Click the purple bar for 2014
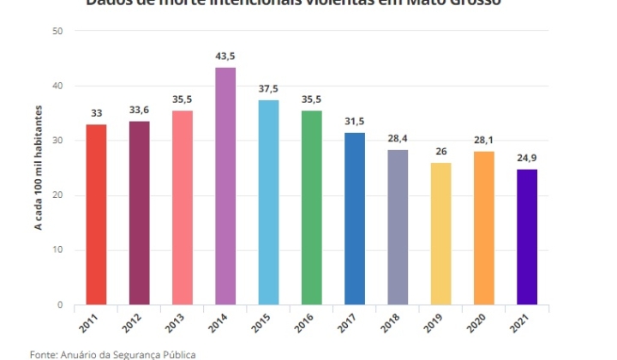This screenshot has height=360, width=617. click(x=225, y=186)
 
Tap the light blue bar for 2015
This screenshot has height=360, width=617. click(x=268, y=202)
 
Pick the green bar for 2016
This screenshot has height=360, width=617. click(x=311, y=207)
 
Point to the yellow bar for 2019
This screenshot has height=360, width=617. click(x=440, y=234)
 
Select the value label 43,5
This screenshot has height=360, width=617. click(x=225, y=56)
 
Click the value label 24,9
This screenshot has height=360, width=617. click(x=526, y=158)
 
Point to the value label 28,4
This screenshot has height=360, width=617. click(x=398, y=139)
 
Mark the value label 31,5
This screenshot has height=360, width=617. click(x=354, y=122)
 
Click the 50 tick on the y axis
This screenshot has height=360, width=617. click(x=57, y=32)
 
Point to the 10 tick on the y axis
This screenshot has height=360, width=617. click(x=57, y=250)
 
